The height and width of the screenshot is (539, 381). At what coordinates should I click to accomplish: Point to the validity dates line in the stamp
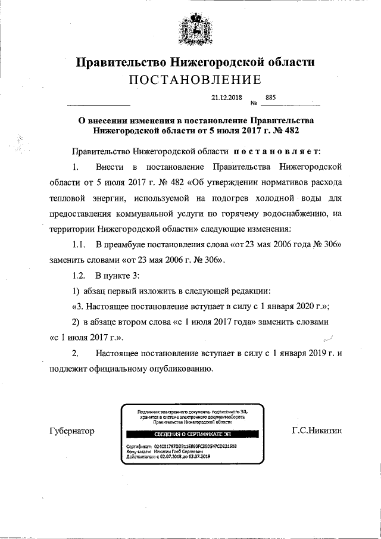coord(169,457)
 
